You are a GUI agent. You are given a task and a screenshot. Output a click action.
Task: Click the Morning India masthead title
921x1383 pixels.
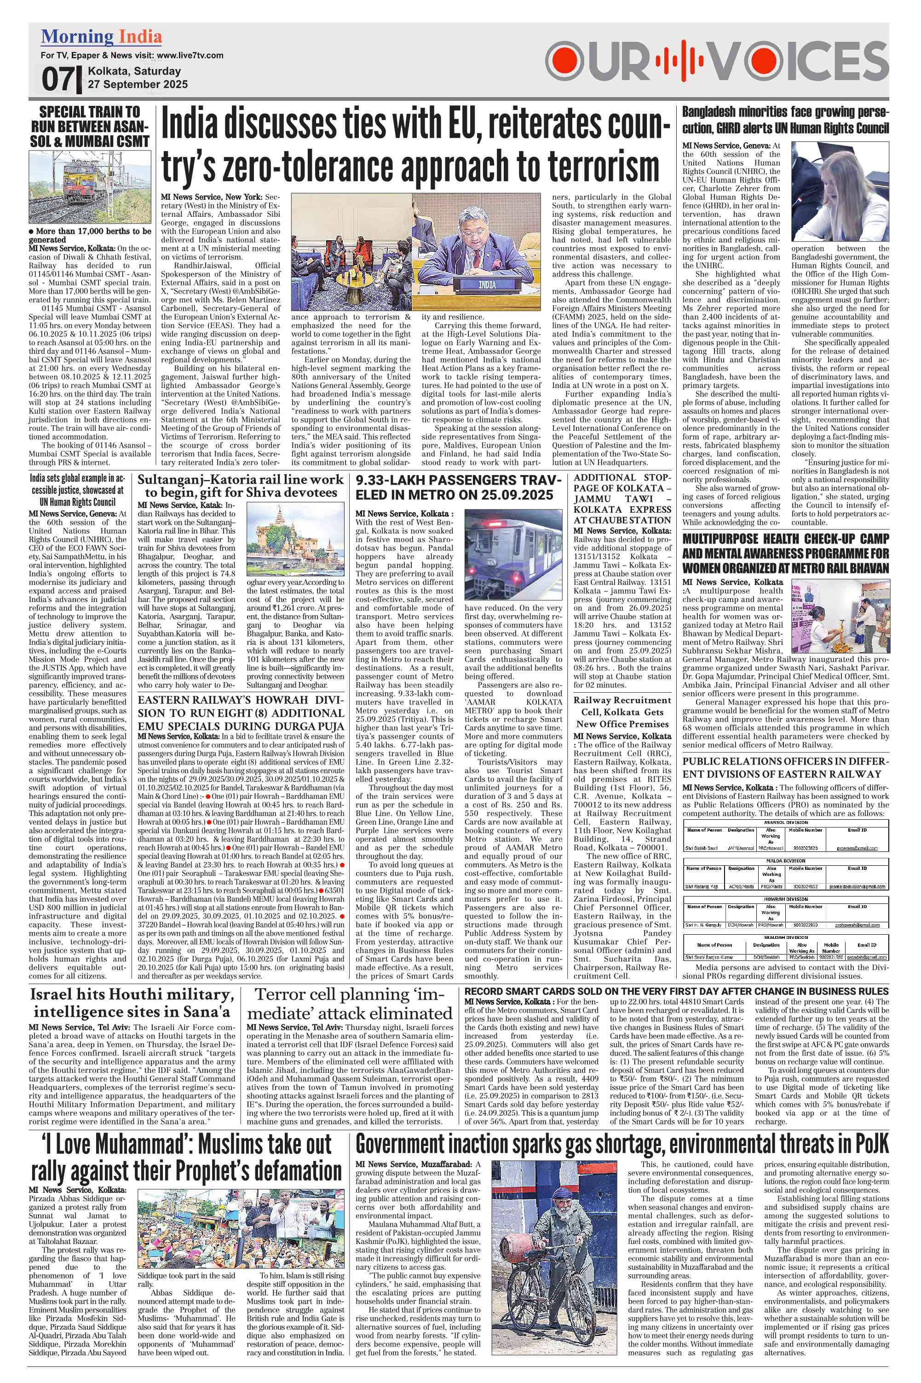point(101,37)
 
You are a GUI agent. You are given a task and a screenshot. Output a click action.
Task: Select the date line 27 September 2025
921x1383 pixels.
point(138,84)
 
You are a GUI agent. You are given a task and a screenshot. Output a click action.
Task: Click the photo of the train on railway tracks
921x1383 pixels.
point(90,186)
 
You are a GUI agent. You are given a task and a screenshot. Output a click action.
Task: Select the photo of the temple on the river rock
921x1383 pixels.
point(295,541)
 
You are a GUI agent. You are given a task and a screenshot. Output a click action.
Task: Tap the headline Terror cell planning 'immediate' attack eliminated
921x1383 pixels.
point(350,1004)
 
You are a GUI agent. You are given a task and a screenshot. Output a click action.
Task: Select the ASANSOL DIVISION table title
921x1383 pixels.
point(785,822)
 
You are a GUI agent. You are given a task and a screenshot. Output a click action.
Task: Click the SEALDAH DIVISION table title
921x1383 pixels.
point(785,937)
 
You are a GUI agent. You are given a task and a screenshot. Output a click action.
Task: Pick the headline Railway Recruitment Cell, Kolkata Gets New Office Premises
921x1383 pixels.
point(622,712)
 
